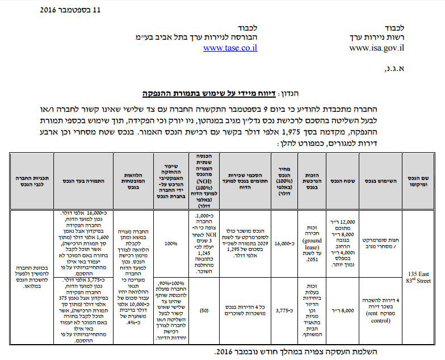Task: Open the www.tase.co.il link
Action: tap(230, 48)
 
